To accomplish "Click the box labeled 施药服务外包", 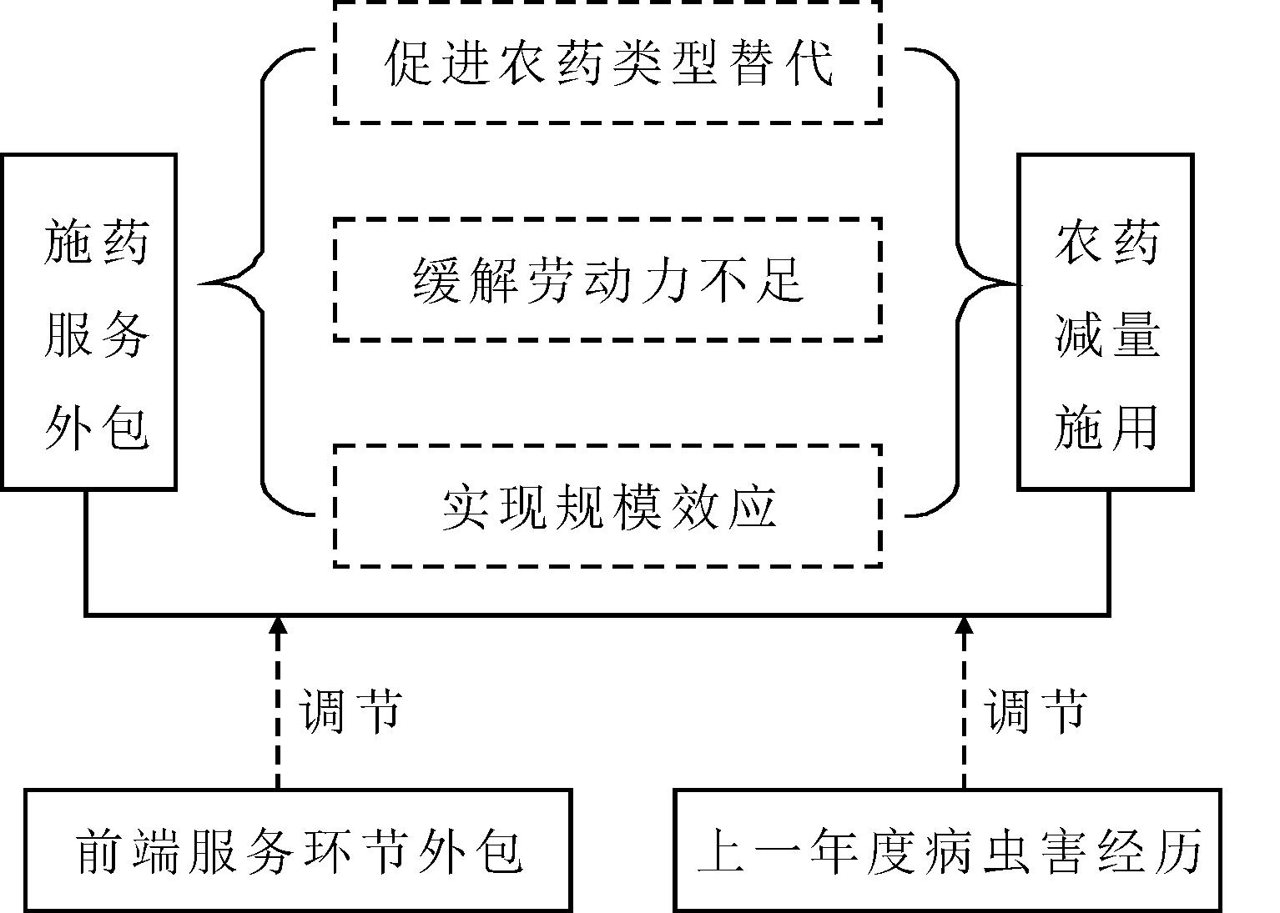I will [x=88, y=322].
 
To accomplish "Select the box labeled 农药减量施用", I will [x=1106, y=322].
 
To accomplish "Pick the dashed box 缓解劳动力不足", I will [x=607, y=279].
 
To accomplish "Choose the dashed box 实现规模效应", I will [x=607, y=506].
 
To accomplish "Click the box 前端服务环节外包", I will [x=298, y=850].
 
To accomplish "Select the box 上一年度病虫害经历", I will [x=947, y=850].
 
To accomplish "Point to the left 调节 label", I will [x=350, y=711].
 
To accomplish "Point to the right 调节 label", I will [x=1036, y=711].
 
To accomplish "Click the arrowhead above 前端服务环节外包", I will [x=279, y=626].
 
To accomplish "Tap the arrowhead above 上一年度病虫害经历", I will [x=965, y=626].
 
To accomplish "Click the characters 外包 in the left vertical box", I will [x=96, y=428].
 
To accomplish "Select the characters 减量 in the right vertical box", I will [x=1106, y=336].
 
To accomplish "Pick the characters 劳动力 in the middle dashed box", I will [x=607, y=279].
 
